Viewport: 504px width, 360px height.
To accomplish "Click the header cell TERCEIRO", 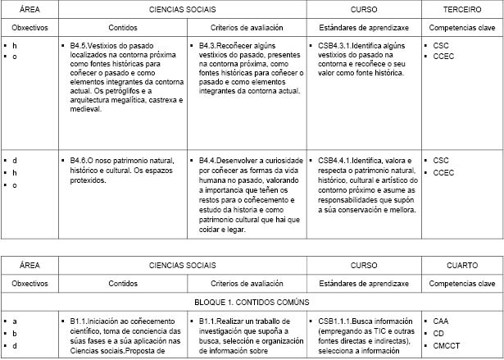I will pos(462,9).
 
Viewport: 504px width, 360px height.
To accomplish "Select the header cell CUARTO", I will pos(462,266).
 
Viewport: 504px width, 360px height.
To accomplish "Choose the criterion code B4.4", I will pos(209,160).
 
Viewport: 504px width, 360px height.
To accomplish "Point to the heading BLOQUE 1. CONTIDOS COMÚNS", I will pos(252,301).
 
